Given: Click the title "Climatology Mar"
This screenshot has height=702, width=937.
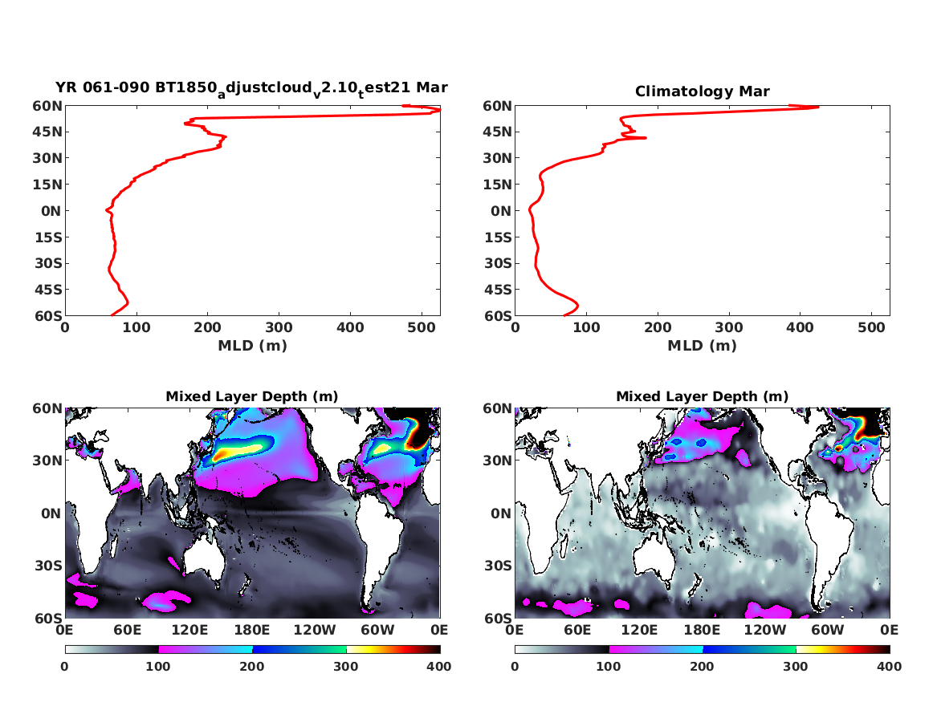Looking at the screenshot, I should tap(702, 91).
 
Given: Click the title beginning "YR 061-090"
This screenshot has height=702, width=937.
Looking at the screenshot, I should tap(251, 87).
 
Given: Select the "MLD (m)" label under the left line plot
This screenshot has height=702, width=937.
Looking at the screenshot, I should tap(252, 346).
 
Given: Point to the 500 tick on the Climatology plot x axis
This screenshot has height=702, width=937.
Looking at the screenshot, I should tap(871, 327).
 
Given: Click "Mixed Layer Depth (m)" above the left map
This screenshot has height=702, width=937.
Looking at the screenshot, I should tap(251, 396).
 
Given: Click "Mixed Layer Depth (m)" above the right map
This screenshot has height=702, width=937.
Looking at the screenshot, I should tap(702, 396).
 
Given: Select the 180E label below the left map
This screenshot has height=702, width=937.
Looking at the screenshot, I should tap(252, 631).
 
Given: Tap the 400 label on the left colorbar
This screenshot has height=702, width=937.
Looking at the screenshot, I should tap(440, 666).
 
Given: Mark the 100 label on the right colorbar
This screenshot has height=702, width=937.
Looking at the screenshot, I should tap(609, 666).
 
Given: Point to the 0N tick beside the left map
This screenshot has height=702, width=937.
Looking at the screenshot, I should tap(50, 513).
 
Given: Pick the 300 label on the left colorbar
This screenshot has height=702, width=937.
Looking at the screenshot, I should tap(346, 666).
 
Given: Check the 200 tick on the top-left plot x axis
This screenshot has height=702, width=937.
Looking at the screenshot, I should tap(208, 327).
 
